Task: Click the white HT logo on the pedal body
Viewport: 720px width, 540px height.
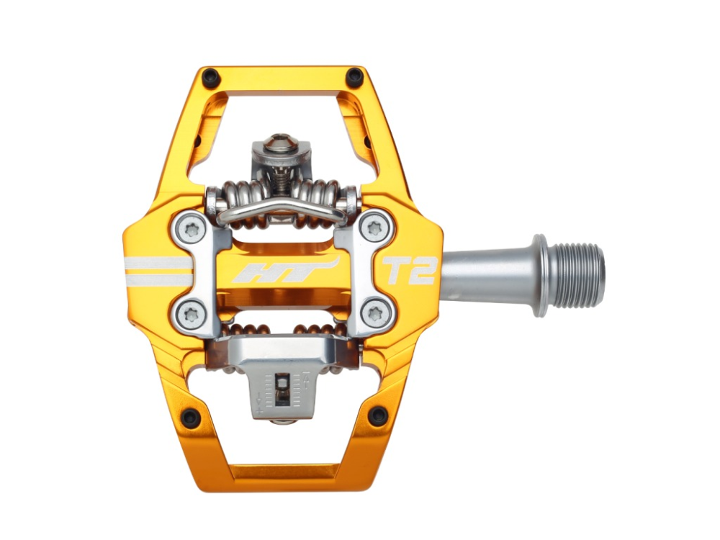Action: (284, 271)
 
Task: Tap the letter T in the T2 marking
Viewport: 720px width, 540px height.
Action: (392, 270)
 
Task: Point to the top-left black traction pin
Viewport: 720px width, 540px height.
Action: (210, 76)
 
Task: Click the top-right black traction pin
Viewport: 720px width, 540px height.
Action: (355, 76)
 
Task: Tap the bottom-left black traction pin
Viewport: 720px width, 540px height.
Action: (190, 416)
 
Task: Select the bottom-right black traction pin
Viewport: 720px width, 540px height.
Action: (377, 415)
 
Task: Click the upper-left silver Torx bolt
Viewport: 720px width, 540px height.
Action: (192, 229)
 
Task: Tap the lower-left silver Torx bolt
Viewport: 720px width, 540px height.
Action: (192, 312)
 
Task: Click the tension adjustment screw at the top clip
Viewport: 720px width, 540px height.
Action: (282, 142)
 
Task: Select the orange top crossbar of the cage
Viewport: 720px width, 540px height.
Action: (282, 78)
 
